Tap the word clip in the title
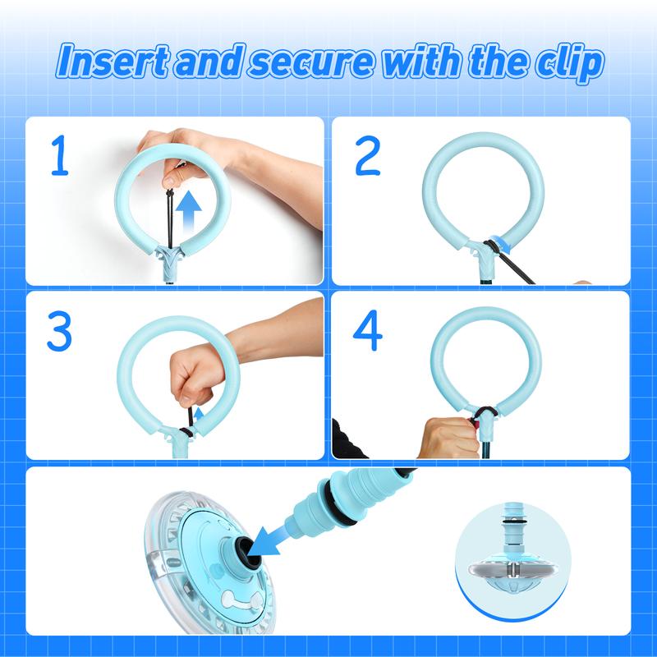[x=570, y=64]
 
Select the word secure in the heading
[x=311, y=64]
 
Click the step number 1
[x=59, y=154]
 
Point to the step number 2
[x=367, y=155]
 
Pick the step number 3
[x=59, y=330]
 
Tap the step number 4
[x=367, y=330]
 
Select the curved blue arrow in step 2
[x=502, y=245]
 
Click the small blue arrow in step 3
[x=199, y=415]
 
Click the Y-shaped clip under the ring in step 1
[x=169, y=260]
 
